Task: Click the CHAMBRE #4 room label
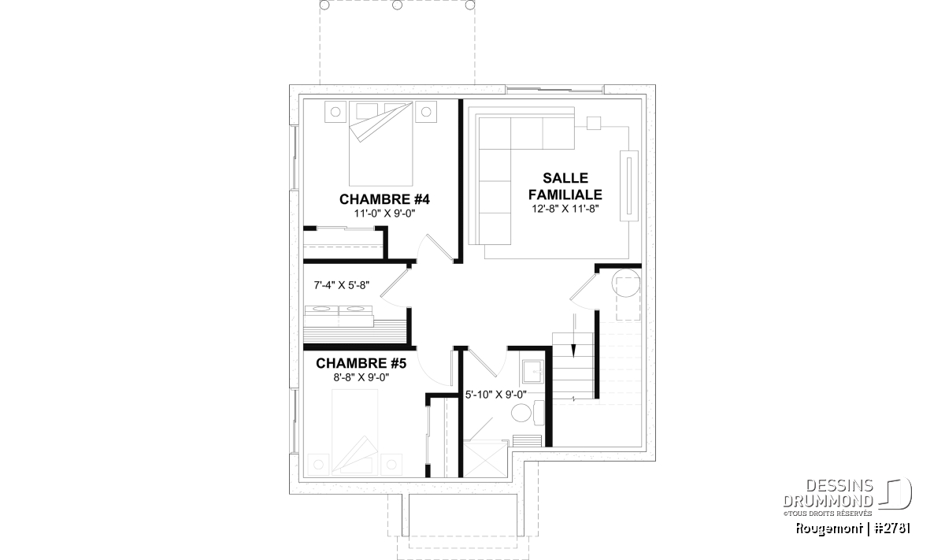384,199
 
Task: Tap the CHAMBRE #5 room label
361,363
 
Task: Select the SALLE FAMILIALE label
565,186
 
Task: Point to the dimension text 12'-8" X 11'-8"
565,209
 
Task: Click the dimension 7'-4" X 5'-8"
342,285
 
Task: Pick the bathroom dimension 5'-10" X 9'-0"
495,395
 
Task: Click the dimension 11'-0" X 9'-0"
385,213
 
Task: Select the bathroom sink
533,371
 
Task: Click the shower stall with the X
485,458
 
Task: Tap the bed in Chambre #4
380,143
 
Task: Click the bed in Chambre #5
355,432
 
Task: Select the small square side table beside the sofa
594,123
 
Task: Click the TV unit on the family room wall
629,185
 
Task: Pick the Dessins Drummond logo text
828,493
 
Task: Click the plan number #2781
892,528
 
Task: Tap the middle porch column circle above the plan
397,5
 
